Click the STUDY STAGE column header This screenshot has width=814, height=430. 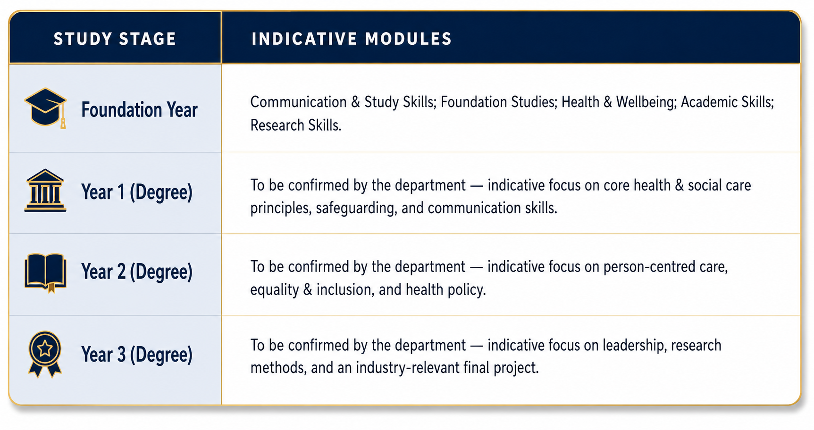pyautogui.click(x=115, y=39)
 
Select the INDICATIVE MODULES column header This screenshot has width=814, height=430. pyautogui.click(x=352, y=39)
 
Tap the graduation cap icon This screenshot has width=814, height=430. pyautogui.click(x=45, y=108)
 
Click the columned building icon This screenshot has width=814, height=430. pyautogui.click(x=45, y=190)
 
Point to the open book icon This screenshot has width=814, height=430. pyautogui.click(x=45, y=273)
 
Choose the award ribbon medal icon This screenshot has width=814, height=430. pyautogui.click(x=45, y=354)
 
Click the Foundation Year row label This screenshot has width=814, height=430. pyautogui.click(x=139, y=110)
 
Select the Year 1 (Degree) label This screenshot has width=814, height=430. pyautogui.click(x=137, y=192)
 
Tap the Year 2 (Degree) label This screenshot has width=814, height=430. pyautogui.click(x=137, y=272)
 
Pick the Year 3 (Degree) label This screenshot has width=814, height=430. pyautogui.click(x=137, y=355)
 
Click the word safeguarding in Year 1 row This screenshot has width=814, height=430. pyautogui.click(x=356, y=208)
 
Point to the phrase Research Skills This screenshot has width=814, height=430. pyautogui.click(x=296, y=125)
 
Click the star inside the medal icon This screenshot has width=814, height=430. pyautogui.click(x=45, y=349)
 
